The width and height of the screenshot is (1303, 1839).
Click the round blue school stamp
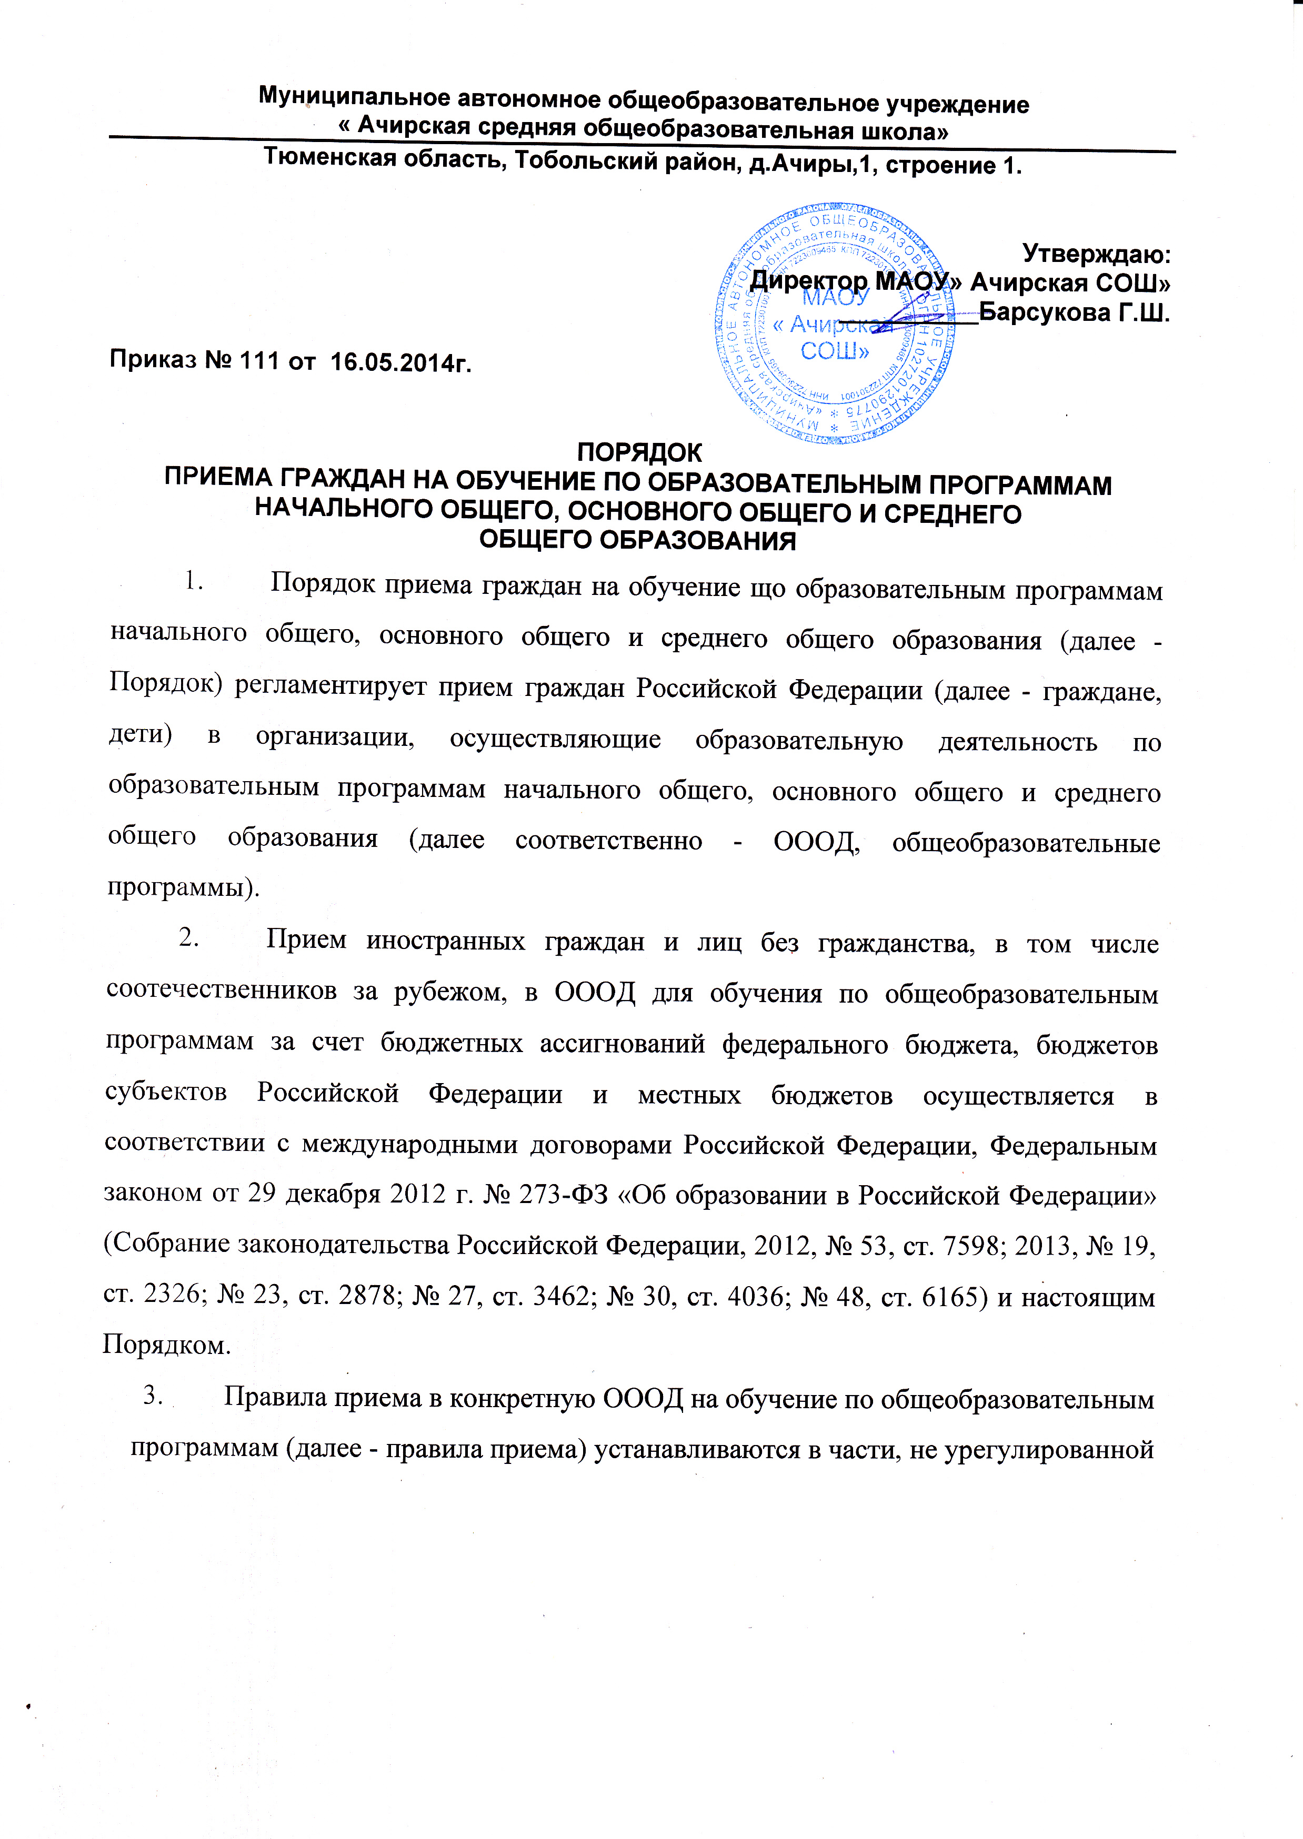pyautogui.click(x=835, y=324)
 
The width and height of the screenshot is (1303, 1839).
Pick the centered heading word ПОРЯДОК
pyautogui.click(x=639, y=453)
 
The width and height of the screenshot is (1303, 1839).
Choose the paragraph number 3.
pyautogui.click(x=153, y=1396)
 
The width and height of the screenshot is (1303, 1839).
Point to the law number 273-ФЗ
pyautogui.click(x=566, y=1194)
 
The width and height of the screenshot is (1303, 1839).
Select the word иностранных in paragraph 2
pyautogui.click(x=445, y=940)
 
